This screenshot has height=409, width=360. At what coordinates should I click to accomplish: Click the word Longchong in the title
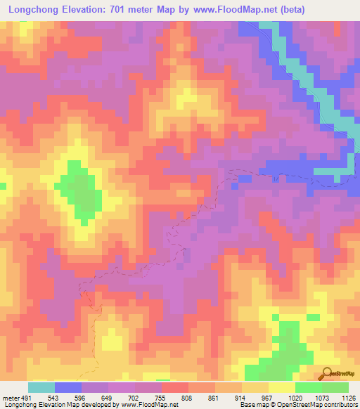pyautogui.click(x=36, y=10)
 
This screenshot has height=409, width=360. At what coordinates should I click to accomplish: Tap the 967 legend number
pyautogui.click(x=268, y=397)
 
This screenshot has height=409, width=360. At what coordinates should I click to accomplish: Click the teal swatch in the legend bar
pyautogui.click(x=41, y=387)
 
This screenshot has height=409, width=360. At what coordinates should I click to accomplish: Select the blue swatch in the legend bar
pyautogui.click(x=67, y=387)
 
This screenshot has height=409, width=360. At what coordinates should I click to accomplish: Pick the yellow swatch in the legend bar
pyautogui.click(x=281, y=387)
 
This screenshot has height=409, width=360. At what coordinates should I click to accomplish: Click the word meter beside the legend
pyautogui.click(x=11, y=397)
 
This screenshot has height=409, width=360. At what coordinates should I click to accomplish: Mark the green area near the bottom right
pyautogui.click(x=285, y=348)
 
